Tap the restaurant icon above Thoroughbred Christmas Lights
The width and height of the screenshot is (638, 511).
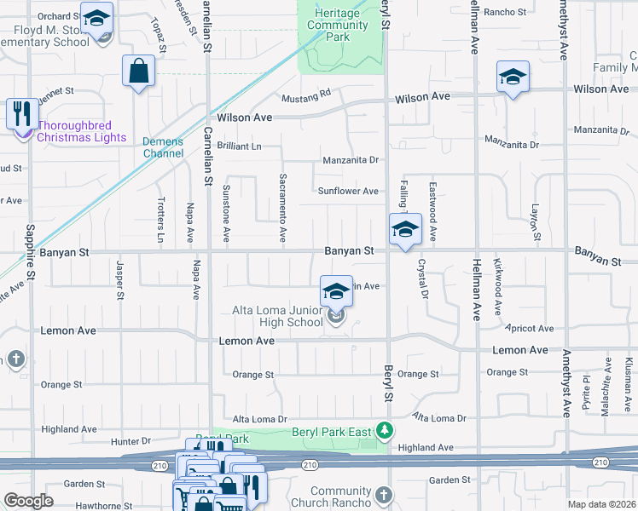21,113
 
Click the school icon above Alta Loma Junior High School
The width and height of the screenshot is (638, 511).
337,291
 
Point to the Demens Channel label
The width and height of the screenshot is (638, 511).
164,147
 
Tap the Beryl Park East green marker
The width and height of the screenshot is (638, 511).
386,430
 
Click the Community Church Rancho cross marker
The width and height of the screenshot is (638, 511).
384,495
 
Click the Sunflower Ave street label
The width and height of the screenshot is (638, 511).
348,192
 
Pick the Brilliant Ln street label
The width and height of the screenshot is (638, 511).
239,146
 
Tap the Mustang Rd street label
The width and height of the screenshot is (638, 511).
306,95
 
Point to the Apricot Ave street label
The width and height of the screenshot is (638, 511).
530,328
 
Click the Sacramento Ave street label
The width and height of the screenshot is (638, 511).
282,208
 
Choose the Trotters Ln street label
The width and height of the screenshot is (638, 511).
160,220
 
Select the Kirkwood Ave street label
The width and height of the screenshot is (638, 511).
497,289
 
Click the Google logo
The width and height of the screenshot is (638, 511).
29,501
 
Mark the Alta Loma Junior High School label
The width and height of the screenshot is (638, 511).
278,317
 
